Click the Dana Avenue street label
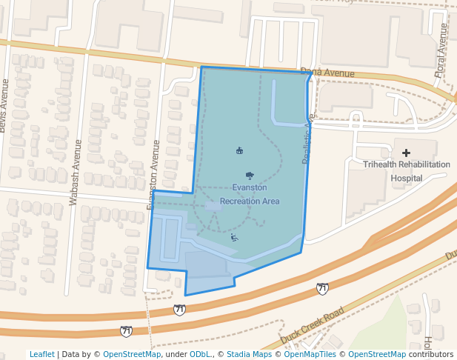click(328, 73)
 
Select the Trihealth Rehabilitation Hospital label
click(406, 170)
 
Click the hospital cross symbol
click(406, 153)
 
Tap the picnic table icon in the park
click(239, 151)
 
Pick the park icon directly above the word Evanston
click(250, 176)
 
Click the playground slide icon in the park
click(234, 237)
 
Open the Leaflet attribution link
click(41, 354)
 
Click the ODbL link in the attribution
click(201, 354)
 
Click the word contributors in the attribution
click(430, 354)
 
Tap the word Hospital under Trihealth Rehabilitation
click(406, 179)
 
